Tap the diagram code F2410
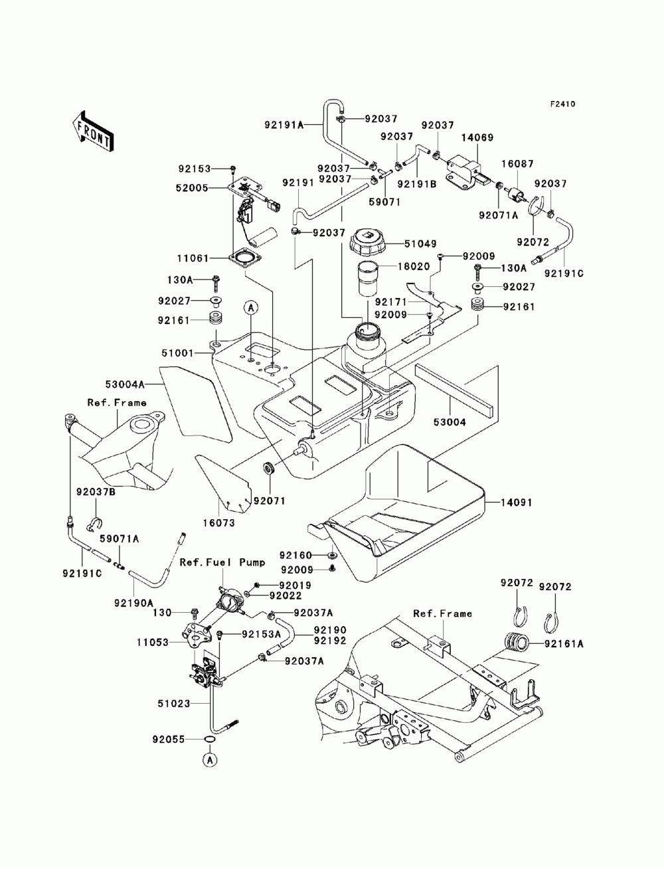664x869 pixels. (562, 104)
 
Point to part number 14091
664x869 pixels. (504, 503)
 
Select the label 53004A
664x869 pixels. (125, 384)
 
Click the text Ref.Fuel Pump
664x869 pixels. (222, 562)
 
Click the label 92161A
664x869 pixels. (564, 643)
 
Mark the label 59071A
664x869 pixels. (120, 540)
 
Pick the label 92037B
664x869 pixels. (96, 493)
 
